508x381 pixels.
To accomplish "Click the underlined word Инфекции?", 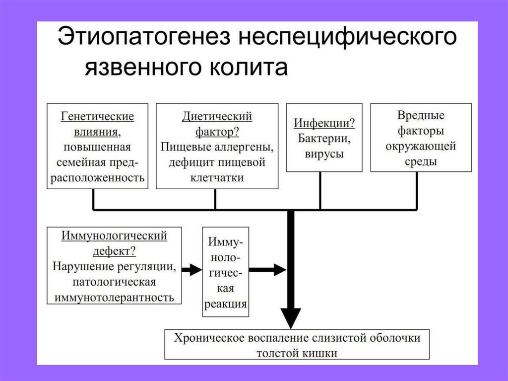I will (320, 123).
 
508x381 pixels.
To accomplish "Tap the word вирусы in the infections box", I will (320, 154).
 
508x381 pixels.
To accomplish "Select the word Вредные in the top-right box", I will (421, 116).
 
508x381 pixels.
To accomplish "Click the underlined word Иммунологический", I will (114, 235).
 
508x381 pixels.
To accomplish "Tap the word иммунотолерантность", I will (114, 298).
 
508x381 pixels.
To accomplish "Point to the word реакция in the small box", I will (226, 304).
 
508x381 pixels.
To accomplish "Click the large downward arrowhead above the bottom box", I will (291, 315).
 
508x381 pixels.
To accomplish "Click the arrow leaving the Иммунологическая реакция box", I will (268, 270).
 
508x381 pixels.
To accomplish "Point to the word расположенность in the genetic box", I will (98, 178).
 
